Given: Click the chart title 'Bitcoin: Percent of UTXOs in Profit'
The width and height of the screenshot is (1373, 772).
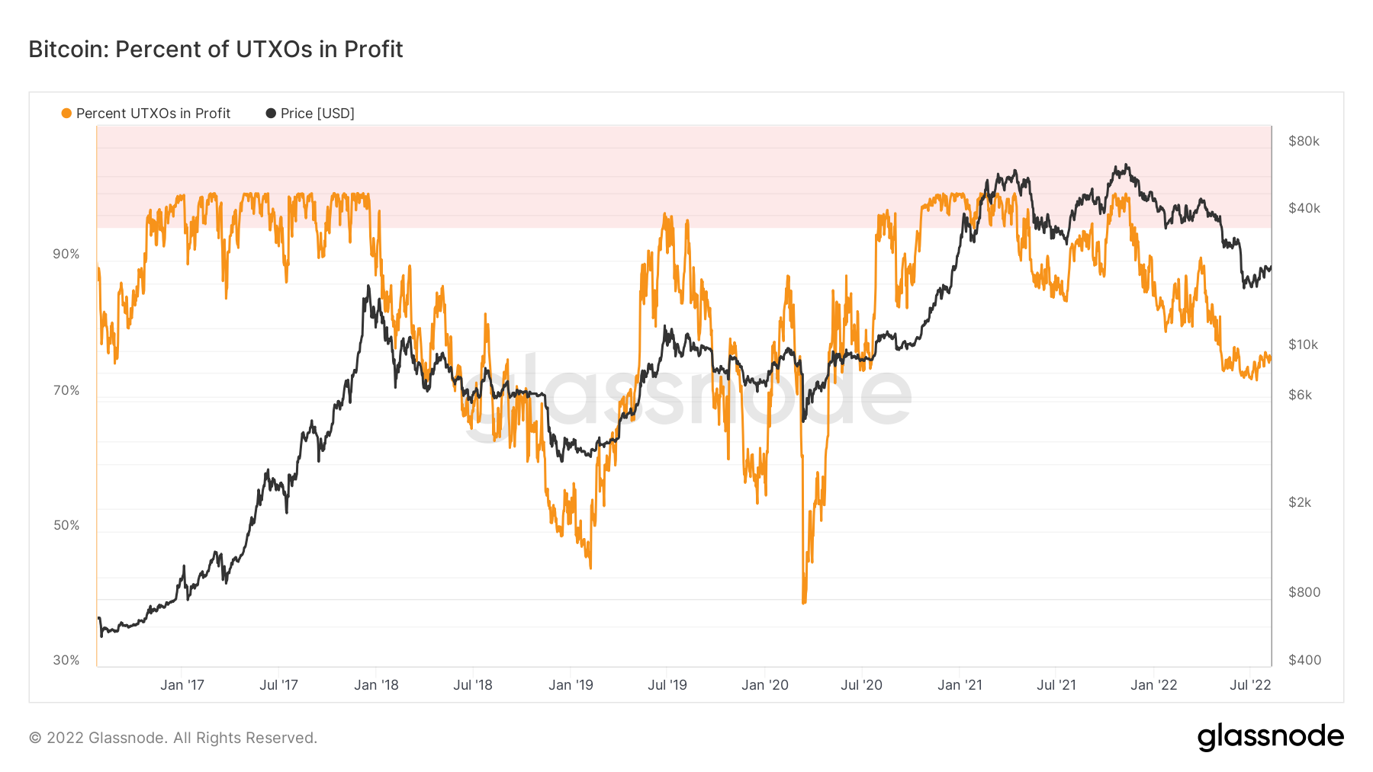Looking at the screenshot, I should (216, 50).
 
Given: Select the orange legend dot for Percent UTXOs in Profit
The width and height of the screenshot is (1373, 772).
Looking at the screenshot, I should (66, 114).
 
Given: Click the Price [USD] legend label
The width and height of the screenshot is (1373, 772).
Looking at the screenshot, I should (317, 114).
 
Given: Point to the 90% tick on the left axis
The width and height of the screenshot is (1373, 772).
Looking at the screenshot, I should (66, 255).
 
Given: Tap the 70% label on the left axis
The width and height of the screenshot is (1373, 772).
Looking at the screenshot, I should (66, 391).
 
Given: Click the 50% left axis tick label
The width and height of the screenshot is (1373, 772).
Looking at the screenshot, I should (66, 526).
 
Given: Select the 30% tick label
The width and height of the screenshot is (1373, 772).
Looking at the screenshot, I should (66, 661).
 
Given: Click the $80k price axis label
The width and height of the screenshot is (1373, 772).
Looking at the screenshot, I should (1304, 141).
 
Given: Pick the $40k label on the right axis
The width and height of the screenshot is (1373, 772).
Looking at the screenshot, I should (1304, 208).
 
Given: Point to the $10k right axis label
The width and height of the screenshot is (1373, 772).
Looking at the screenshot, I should (1304, 344).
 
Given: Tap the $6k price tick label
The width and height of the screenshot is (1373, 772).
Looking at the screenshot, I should (1300, 395).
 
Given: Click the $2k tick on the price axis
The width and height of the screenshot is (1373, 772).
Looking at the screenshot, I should (1300, 502).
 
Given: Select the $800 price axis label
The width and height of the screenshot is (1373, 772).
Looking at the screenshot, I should (1304, 592).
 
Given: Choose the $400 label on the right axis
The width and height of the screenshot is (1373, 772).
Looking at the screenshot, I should (1304, 660).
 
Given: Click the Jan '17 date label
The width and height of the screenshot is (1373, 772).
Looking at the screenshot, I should (182, 685).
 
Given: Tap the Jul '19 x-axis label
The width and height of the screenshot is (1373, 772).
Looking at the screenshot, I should (667, 685).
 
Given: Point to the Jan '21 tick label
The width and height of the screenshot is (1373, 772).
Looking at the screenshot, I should (960, 685).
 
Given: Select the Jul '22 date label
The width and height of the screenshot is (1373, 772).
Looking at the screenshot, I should (1250, 685).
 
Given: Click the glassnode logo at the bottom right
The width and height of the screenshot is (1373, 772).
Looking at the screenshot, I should (1270, 737).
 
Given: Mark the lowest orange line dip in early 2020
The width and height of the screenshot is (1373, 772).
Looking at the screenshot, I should (804, 603).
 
